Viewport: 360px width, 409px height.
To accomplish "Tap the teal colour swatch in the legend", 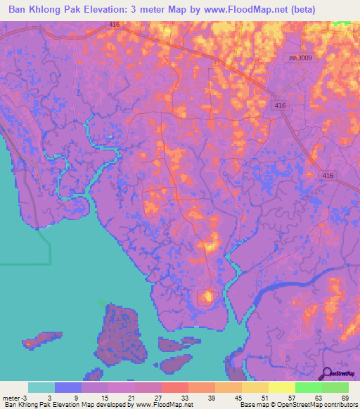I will [x=41, y=387].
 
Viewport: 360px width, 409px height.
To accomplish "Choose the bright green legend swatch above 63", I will [x=308, y=387].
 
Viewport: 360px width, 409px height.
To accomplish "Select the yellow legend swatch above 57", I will [x=281, y=387].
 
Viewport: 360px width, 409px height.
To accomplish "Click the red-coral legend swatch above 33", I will [x=174, y=387].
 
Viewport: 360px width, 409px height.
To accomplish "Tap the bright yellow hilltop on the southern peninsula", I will [x=207, y=297].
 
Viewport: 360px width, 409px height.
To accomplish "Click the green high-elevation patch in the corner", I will [x=345, y=23].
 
